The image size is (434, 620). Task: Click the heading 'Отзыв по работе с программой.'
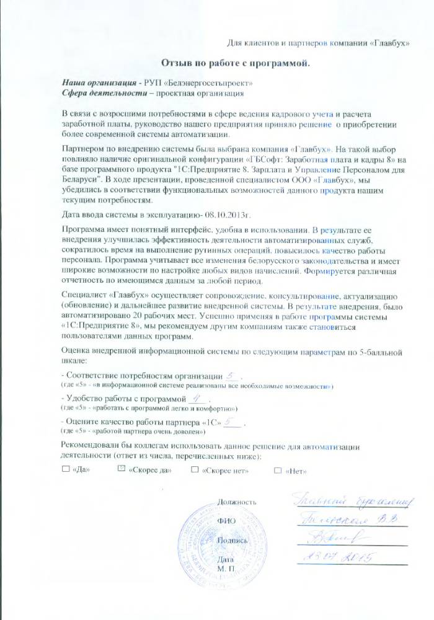pos(235,63)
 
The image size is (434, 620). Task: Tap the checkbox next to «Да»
pos(66,470)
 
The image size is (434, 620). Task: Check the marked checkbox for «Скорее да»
pos(122,470)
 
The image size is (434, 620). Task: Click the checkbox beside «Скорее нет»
pos(196,470)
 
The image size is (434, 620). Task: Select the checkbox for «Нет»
pos(278,470)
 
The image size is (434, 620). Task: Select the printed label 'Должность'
pos(236,501)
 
